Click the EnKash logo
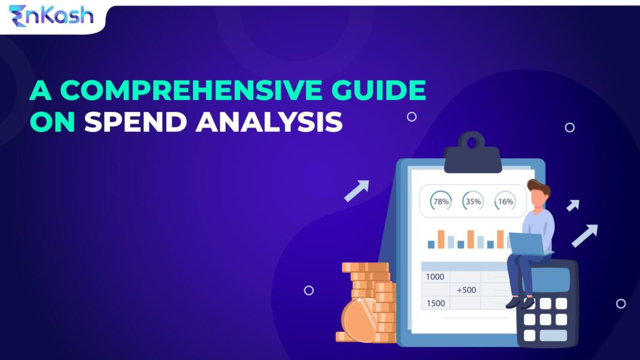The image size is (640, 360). [51, 15]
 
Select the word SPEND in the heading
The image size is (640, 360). [135, 122]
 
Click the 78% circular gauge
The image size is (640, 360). [441, 202]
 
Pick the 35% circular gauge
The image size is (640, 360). [473, 202]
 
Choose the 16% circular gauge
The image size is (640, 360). [506, 202]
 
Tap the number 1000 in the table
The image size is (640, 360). [435, 277]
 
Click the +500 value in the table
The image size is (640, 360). [466, 290]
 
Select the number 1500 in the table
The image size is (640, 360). [435, 303]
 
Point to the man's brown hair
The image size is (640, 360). [539, 187]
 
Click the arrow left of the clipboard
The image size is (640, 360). [357, 191]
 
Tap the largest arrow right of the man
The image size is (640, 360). [585, 235]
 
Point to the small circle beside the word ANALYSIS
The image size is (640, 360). [411, 117]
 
